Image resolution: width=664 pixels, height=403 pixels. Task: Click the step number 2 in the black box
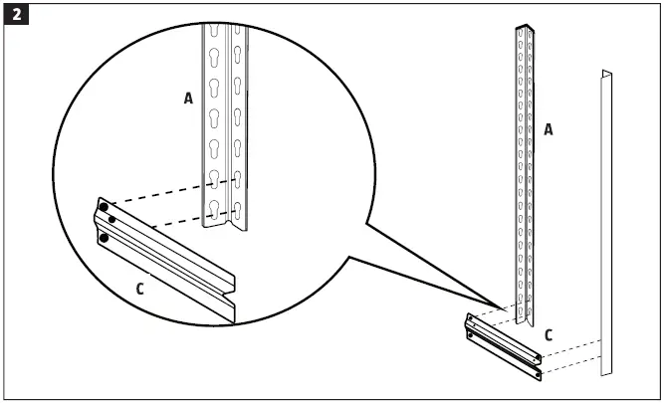pyautogui.click(x=16, y=17)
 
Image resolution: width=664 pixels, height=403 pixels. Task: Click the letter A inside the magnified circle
pyautogui.click(x=188, y=98)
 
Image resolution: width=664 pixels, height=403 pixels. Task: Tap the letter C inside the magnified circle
pyautogui.click(x=138, y=290)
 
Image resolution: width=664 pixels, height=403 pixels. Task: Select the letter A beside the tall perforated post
pyautogui.click(x=548, y=130)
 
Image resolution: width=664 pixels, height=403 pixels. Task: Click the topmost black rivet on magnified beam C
pyautogui.click(x=104, y=208)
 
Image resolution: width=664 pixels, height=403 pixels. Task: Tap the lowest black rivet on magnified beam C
pyautogui.click(x=103, y=239)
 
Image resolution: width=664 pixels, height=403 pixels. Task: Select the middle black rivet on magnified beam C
pyautogui.click(x=112, y=219)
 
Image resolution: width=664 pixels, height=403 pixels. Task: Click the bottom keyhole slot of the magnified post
pyautogui.click(x=214, y=209)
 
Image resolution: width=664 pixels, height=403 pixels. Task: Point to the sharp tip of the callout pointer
pyautogui.click(x=512, y=307)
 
